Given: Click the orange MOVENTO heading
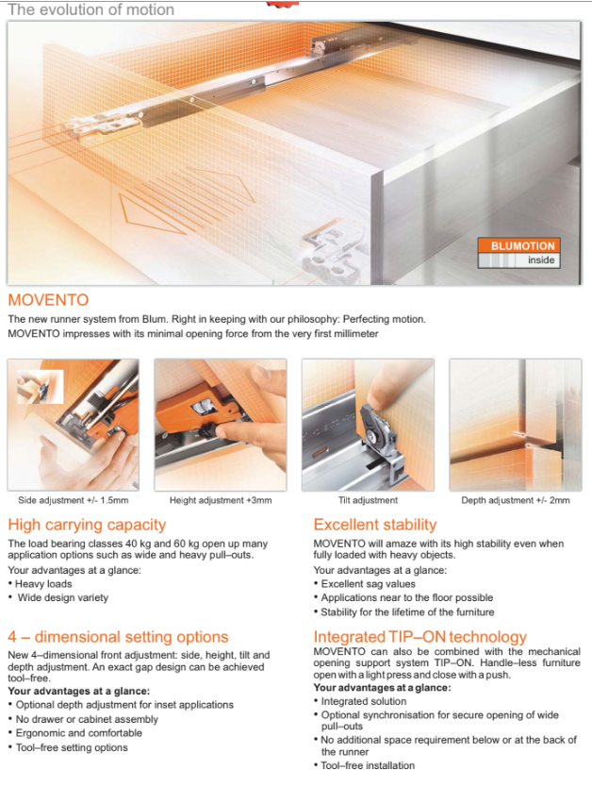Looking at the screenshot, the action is pos(48,300).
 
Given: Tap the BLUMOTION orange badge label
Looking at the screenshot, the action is pos(519,245).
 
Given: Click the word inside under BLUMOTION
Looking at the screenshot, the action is pos(541,260).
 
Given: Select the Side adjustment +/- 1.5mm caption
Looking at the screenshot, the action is pos(74,500).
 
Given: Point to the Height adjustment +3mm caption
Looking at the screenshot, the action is pos(221,500).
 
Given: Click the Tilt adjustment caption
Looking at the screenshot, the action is pos(368,500).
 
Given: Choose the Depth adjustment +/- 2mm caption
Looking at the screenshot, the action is pos(516,500).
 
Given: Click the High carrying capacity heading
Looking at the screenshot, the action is pos(87,525).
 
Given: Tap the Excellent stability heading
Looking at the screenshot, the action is pos(375,525).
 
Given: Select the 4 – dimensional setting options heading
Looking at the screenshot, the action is pos(118,637).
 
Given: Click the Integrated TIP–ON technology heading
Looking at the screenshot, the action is pos(420,637).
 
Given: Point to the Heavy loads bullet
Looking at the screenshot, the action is pos(41,584).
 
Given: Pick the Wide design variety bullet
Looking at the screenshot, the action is pos(58,597).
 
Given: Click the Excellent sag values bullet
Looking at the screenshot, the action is pos(365,584).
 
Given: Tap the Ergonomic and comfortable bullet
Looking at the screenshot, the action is pos(75,733).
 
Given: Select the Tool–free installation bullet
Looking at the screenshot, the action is pos(365,765).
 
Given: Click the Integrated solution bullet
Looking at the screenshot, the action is pos(360,701).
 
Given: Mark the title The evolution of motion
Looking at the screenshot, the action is pos(90,9).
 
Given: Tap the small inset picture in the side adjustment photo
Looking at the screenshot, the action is pos(41,387).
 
